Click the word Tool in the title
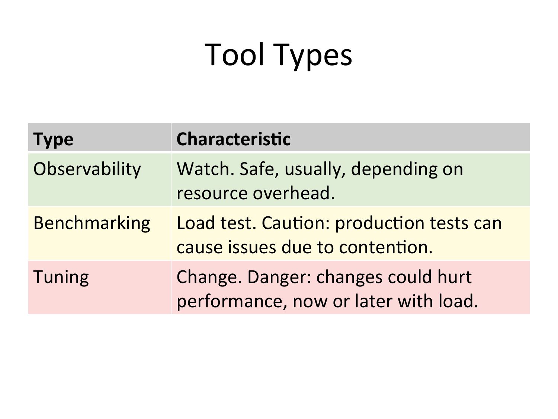(234, 55)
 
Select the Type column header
(53, 140)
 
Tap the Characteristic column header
(233, 139)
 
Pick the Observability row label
(87, 169)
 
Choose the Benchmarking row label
(92, 223)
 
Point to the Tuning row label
(61, 277)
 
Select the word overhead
(294, 193)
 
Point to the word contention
(386, 247)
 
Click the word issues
(252, 247)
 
